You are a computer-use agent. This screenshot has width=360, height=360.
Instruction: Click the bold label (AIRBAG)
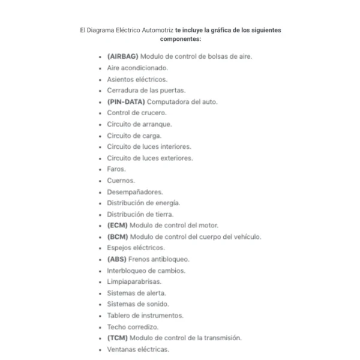pos(122,56)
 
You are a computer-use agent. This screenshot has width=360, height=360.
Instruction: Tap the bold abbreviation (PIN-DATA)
pos(125,101)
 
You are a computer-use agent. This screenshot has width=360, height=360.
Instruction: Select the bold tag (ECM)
pos(117,226)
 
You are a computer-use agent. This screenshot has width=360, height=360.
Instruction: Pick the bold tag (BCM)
pos(117,236)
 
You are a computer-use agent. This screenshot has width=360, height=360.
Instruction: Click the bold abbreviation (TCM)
pos(117,338)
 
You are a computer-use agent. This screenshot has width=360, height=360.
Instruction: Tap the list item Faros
pos(116,169)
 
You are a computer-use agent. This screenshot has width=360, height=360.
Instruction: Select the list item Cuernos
pos(121,180)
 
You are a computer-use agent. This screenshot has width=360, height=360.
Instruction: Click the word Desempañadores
pos(134,192)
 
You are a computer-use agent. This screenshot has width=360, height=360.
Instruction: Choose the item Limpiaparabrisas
pos(134,281)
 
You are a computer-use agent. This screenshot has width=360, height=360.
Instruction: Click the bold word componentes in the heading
pos(181,38)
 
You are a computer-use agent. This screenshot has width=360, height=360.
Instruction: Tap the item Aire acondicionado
pos(137,68)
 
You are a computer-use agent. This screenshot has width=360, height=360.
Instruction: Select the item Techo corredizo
pos(133,327)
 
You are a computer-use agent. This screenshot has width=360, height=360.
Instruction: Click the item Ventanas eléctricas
pos(138,349)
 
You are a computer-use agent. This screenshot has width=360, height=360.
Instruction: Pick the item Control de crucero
pos(137,113)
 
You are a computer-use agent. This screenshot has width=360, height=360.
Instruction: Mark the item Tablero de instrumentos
pos(145,316)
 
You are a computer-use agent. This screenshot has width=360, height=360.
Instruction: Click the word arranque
pos(158,124)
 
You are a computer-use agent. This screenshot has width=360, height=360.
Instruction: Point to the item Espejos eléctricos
pos(136,248)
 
